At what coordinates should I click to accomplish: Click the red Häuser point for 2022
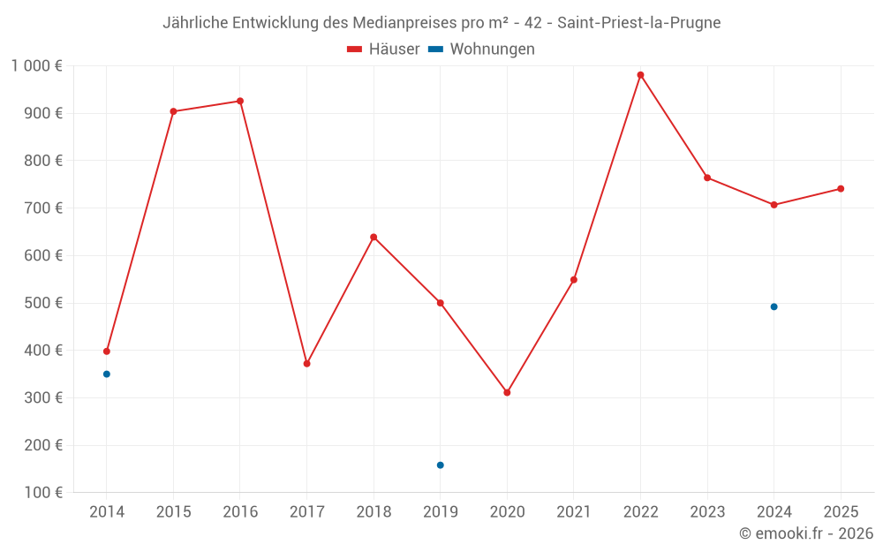[640, 75]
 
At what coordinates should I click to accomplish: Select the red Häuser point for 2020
[507, 392]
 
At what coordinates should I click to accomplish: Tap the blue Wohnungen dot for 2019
[440, 465]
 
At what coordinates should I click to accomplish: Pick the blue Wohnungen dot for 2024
[774, 306]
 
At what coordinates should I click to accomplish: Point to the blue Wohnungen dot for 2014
[107, 374]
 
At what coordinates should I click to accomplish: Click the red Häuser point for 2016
[240, 101]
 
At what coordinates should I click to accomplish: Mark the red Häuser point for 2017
[306, 364]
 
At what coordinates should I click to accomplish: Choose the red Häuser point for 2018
[374, 237]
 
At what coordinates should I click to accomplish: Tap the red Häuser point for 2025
[841, 188]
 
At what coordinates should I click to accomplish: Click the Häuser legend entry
[383, 49]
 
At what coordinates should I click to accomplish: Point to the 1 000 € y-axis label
[37, 65]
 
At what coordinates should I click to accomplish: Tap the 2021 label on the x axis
[574, 511]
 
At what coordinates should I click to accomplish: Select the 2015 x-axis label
[173, 511]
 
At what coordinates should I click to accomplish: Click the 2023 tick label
[707, 511]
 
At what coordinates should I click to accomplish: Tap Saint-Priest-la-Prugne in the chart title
[638, 23]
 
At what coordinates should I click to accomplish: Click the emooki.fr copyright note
[805, 533]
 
